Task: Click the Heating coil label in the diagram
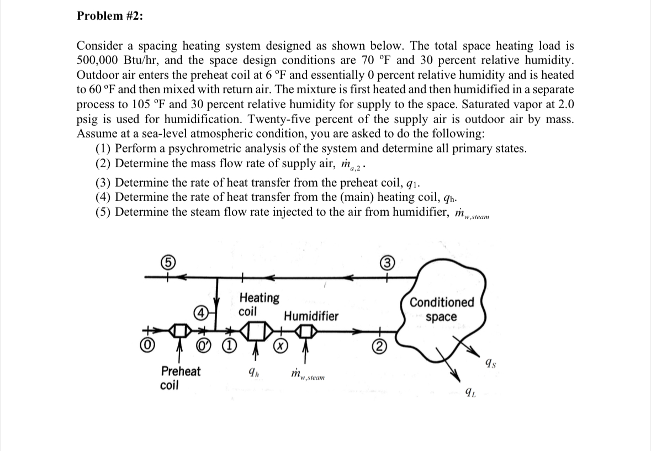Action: (x=259, y=304)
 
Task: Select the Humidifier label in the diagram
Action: (x=311, y=316)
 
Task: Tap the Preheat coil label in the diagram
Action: (x=181, y=378)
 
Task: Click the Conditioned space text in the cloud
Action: (x=442, y=310)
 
